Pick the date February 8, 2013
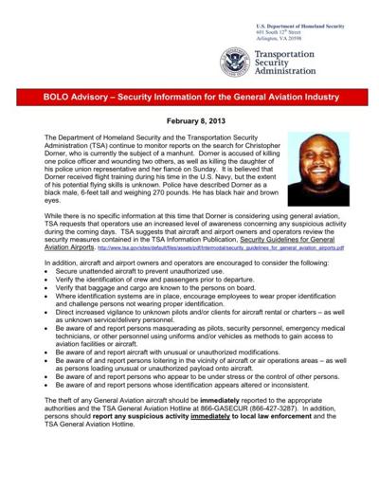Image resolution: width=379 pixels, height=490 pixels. pos(189,123)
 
